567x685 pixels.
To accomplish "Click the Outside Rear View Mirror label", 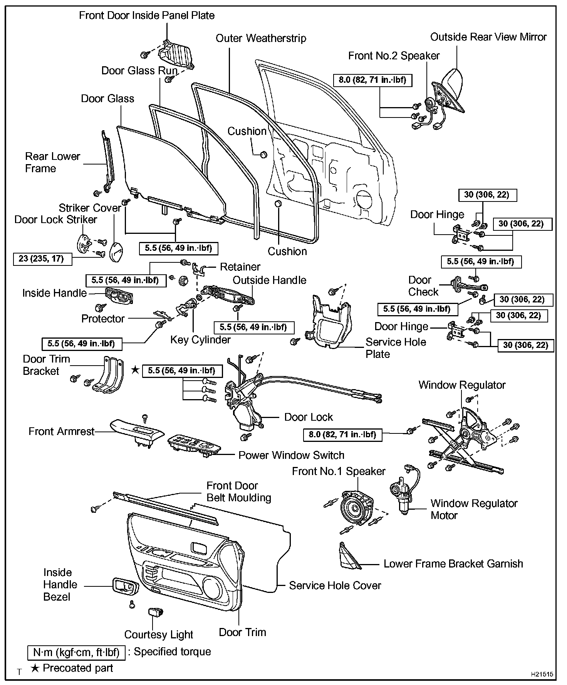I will (488, 37).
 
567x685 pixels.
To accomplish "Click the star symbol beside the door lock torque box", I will (135, 370).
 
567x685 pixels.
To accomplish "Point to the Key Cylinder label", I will (200, 340).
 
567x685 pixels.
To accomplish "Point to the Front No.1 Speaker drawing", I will (357, 510).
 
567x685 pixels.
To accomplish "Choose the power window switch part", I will (194, 445).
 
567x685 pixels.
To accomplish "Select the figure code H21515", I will (542, 674).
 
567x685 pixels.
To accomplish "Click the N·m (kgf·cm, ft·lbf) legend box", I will (76, 652).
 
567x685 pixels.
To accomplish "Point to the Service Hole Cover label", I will (335, 586).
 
